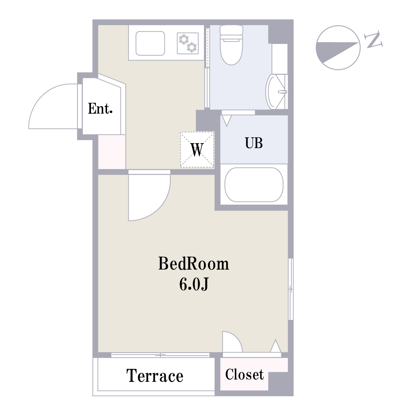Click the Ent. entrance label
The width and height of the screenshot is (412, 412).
tap(100, 108)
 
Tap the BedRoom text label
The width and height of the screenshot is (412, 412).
tap(194, 264)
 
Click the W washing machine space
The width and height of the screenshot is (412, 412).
tap(197, 149)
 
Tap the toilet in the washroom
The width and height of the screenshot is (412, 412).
tap(231, 45)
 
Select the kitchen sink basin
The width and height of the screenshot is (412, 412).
tap(150, 43)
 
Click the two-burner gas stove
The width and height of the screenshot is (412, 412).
tap(188, 43)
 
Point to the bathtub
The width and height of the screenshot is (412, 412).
tap(254, 185)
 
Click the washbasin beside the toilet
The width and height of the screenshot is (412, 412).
tap(276, 92)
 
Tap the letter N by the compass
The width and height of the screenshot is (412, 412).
tap(374, 39)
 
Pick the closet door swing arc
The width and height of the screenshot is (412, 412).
tap(237, 338)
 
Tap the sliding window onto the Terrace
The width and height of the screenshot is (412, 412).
tap(160, 355)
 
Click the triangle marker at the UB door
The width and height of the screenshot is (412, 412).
tap(227, 121)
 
